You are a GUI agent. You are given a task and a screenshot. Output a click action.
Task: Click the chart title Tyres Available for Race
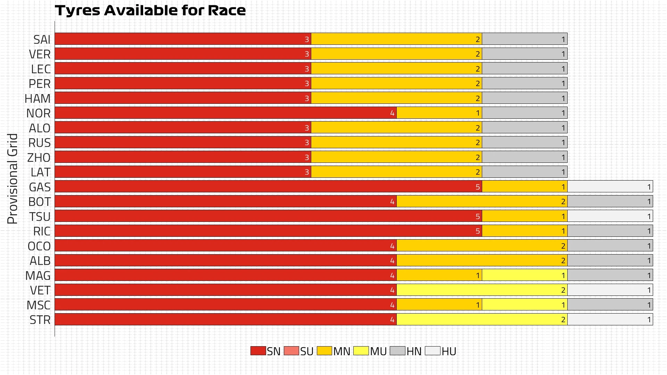coord(150,10)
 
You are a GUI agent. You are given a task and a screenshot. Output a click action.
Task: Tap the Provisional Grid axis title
coord(13,178)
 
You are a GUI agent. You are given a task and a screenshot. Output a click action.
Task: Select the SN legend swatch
coord(258,351)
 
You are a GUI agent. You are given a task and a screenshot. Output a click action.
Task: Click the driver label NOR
coord(38,113)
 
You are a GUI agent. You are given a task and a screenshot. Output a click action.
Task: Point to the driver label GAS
coord(40,187)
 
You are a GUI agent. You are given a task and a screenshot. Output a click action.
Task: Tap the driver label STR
coord(40,320)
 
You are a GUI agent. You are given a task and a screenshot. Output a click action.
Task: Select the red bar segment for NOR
coord(226,113)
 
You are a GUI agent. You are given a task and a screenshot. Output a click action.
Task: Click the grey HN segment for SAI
coord(525,39)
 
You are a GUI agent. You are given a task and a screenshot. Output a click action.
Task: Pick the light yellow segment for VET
coord(482,290)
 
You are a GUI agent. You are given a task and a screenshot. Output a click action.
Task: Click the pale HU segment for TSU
coord(610,216)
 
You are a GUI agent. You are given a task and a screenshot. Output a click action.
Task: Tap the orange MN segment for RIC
coord(525,231)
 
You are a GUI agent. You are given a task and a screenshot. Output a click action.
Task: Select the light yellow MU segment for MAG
coord(525,275)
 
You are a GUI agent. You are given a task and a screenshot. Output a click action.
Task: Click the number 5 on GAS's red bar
coord(478,187)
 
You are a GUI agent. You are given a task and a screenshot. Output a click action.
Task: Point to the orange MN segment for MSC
coord(439,305)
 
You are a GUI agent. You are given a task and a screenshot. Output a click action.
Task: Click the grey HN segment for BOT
coord(610,201)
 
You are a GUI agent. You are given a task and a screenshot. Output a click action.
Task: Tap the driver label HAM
coord(38,99)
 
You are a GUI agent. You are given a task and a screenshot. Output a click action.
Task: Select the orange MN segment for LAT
coord(396,172)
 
